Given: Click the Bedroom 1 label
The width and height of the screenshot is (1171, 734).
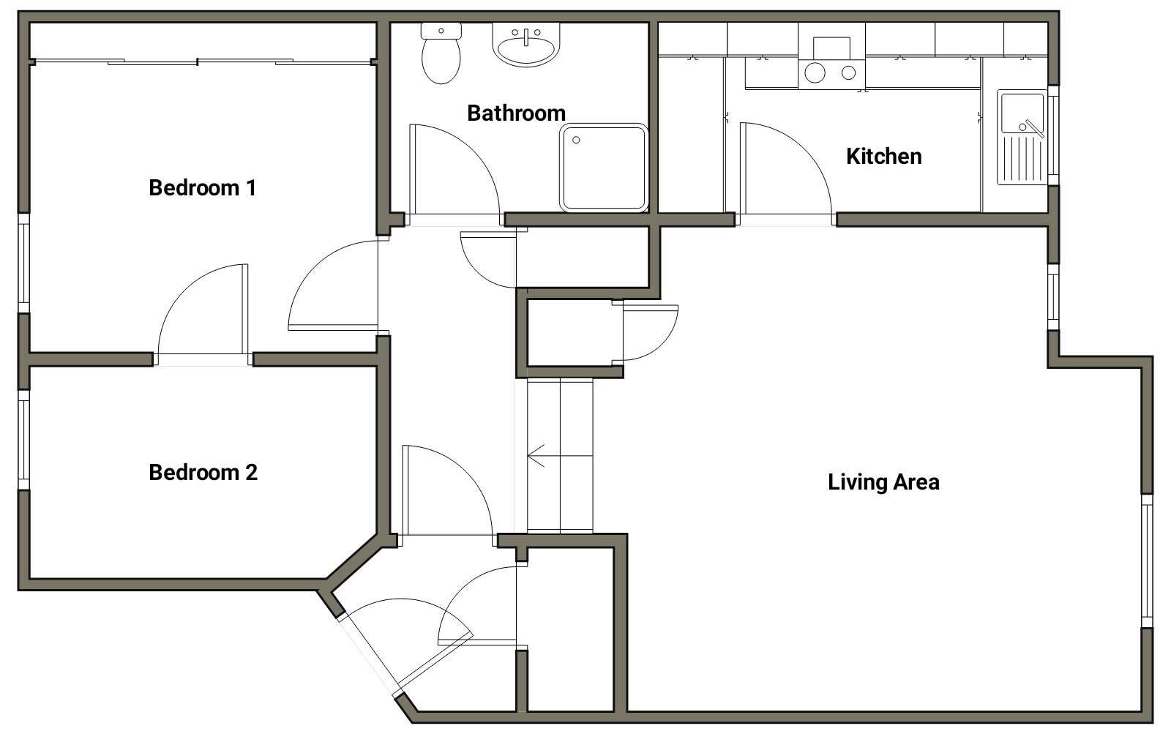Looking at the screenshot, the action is pyautogui.click(x=202, y=187).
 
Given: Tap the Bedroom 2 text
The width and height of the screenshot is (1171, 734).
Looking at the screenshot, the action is pyautogui.click(x=203, y=472).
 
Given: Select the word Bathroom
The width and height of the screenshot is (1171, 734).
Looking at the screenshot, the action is pyautogui.click(x=516, y=113).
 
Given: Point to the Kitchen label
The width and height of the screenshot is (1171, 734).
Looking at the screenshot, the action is pyautogui.click(x=883, y=157).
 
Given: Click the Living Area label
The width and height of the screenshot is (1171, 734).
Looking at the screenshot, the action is pyautogui.click(x=883, y=482).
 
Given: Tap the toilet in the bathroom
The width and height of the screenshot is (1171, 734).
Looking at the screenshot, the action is pyautogui.click(x=441, y=53).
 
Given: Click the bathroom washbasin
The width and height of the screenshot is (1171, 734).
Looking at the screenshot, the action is pyautogui.click(x=526, y=45).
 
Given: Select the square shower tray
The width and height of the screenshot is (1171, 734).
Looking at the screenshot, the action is pyautogui.click(x=604, y=168).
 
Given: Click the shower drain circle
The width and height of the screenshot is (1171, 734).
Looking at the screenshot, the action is pyautogui.click(x=576, y=140).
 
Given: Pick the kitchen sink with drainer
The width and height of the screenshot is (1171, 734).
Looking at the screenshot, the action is pyautogui.click(x=1022, y=138).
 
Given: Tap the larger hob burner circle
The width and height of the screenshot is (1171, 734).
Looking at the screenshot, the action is pyautogui.click(x=815, y=72).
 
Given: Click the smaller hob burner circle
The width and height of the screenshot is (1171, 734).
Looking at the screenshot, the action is pyautogui.click(x=848, y=72).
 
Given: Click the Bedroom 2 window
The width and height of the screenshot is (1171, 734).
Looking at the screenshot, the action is pyautogui.click(x=23, y=440).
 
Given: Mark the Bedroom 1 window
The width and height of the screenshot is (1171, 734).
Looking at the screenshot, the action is pyautogui.click(x=23, y=263).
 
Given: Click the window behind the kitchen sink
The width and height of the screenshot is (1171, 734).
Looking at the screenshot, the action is pyautogui.click(x=1053, y=135).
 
